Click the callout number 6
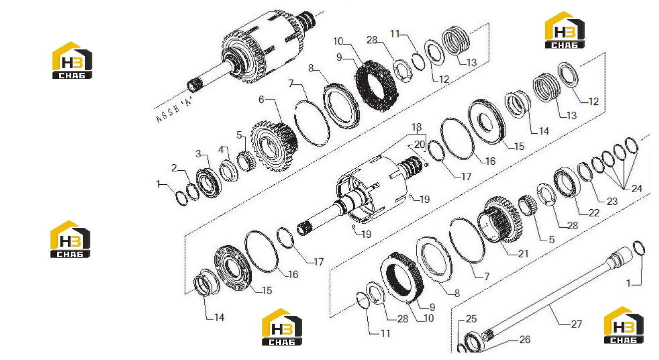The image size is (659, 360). [261, 99]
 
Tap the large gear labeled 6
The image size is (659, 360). [274, 146]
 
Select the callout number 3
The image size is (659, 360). [198, 153]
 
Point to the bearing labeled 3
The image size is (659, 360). [209, 183]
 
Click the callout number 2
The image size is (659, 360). [174, 168]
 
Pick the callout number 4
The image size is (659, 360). [221, 150]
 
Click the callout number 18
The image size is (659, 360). [417, 127]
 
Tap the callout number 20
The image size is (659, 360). [419, 144]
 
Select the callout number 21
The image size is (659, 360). [523, 254]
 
